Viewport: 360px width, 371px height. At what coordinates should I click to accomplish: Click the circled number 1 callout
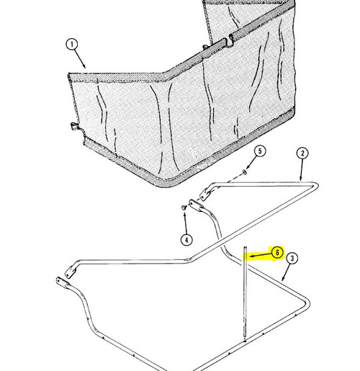[72, 45]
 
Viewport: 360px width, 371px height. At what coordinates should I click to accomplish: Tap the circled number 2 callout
[302, 153]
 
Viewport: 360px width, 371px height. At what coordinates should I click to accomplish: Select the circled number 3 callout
[292, 259]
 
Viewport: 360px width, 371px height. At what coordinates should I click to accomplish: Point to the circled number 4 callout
[186, 239]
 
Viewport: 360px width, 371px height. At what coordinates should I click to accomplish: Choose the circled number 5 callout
[260, 151]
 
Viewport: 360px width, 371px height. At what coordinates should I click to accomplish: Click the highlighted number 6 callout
[277, 252]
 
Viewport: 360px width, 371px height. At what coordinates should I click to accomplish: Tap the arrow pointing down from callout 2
[302, 170]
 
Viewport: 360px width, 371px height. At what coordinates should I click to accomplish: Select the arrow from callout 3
[286, 272]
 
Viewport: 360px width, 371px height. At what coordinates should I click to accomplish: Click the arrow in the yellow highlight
[261, 256]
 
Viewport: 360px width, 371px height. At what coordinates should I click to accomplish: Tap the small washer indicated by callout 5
[244, 172]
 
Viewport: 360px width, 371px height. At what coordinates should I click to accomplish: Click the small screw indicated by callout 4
[184, 207]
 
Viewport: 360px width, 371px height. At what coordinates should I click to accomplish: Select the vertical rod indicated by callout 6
[245, 292]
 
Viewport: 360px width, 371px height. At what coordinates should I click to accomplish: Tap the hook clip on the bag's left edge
[75, 126]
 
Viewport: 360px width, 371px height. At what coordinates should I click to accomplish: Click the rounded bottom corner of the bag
[163, 183]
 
